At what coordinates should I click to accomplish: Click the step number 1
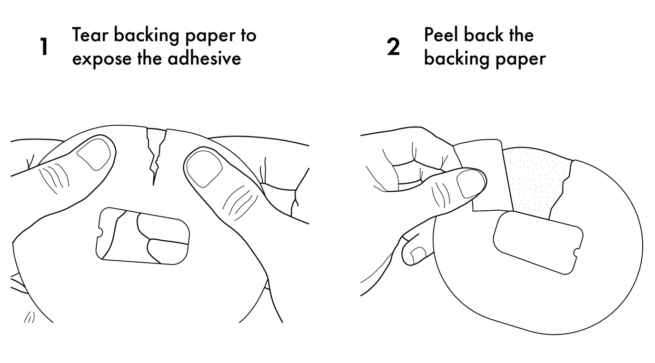pos(44,47)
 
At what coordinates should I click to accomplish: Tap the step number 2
pos(393,47)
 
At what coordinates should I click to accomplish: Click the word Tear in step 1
pos(90,35)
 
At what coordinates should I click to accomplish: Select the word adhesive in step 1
pos(204,58)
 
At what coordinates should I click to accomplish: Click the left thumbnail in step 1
pos(94,154)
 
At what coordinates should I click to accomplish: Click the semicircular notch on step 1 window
pos(100,233)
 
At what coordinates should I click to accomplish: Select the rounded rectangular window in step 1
pos(142,236)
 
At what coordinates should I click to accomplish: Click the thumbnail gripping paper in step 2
pos(470,184)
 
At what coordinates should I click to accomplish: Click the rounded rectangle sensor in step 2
pos(538,243)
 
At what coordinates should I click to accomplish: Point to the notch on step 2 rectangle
pos(577,253)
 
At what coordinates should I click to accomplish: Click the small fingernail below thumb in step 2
pos(418,254)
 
